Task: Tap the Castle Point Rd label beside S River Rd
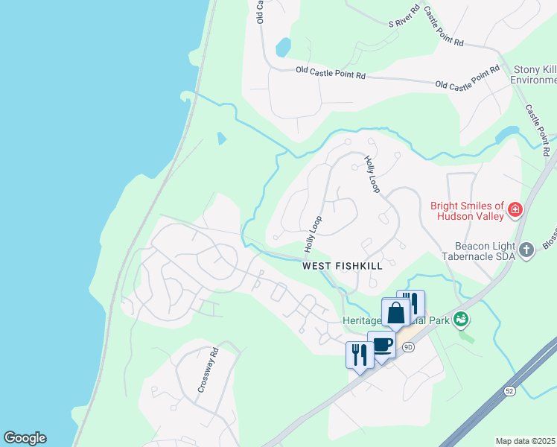click(x=443, y=28)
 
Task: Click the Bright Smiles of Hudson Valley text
click(x=467, y=212)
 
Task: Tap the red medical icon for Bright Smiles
click(x=515, y=212)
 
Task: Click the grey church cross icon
click(x=527, y=250)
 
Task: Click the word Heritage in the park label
click(x=362, y=320)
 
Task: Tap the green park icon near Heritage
click(x=461, y=320)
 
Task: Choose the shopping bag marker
click(x=395, y=312)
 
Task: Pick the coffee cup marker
click(x=382, y=345)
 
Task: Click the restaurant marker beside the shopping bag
click(x=412, y=302)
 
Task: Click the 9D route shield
click(x=407, y=347)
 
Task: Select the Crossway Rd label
click(x=207, y=370)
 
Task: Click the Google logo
click(x=25, y=438)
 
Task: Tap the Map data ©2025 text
click(x=525, y=441)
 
